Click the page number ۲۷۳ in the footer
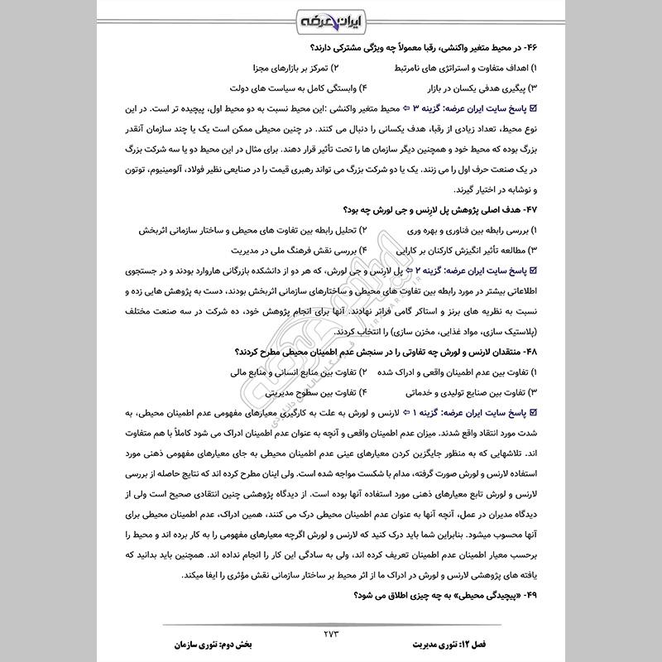pos(331,634)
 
